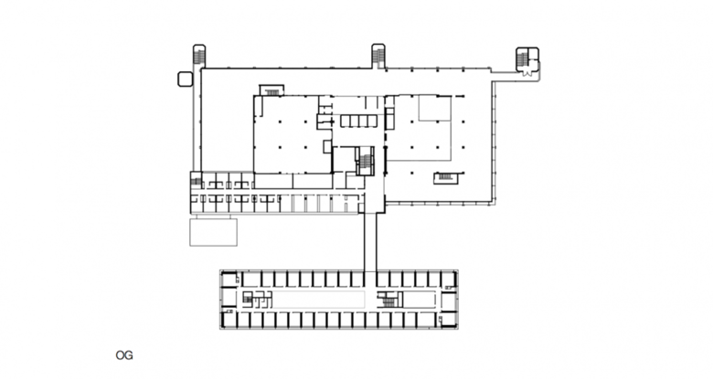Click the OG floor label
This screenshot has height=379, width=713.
(124, 355)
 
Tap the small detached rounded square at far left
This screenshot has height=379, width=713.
(185, 79)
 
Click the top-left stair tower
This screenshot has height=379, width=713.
(199, 56)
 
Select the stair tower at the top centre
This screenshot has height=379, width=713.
(378, 56)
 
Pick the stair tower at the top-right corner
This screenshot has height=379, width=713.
(527, 59)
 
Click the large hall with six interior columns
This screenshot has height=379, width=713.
(293, 134)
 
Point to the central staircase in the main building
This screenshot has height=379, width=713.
(366, 161)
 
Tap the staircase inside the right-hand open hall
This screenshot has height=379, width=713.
(446, 178)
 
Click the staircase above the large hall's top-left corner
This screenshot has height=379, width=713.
(271, 90)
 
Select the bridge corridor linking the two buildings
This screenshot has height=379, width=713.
(370, 242)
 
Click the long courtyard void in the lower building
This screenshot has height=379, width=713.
(318, 300)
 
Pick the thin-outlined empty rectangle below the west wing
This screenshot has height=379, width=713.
(213, 232)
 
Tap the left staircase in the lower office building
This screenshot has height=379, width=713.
(248, 298)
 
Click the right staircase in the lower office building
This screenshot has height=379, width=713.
(387, 300)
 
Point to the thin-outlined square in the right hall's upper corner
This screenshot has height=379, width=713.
(435, 108)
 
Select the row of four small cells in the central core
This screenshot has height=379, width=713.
(358, 121)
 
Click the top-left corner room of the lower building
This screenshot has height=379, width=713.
(229, 279)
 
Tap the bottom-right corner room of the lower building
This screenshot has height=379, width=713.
(448, 320)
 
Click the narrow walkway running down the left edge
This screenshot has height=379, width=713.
(197, 120)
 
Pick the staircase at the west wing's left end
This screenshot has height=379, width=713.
(196, 181)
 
